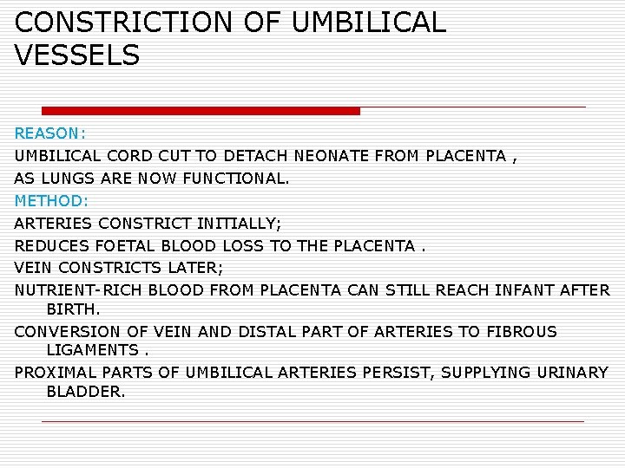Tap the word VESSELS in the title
[77, 56]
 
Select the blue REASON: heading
[50, 134]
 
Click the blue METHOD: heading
[51, 200]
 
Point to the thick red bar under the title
[201, 111]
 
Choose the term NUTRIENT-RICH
[79, 289]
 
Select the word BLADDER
[85, 392]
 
